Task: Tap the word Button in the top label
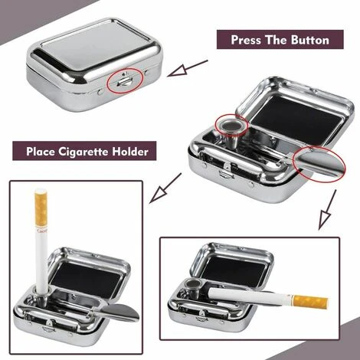click(x=305, y=40)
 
